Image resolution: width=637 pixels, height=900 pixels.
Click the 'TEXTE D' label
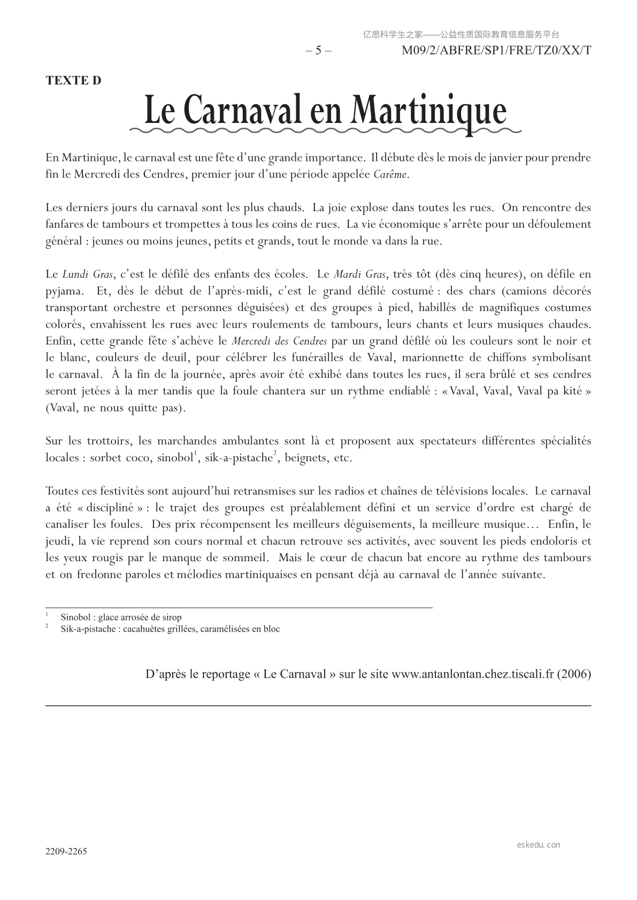point(73,81)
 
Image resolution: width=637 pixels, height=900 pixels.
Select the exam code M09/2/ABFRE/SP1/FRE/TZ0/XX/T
point(496,51)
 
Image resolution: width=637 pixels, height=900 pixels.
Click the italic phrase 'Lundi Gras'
point(88,275)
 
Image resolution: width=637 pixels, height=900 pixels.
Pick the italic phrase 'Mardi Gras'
point(359,275)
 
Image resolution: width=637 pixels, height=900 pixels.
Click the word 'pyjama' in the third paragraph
point(63,291)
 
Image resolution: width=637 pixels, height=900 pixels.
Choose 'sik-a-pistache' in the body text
point(239,458)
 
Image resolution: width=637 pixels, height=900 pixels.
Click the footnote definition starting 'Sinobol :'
point(121,617)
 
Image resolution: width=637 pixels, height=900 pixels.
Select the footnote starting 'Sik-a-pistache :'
point(170,629)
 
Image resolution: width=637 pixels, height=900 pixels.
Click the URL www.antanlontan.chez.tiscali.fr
point(472,674)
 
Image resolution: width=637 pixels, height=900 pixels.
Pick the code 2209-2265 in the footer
point(66,851)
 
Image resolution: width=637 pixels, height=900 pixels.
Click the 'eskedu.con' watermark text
point(539,845)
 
